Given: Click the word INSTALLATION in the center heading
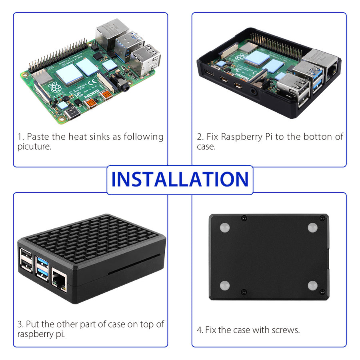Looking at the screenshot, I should pyautogui.click(x=180, y=180).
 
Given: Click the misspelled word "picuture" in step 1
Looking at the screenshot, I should pyautogui.click(x=34, y=147).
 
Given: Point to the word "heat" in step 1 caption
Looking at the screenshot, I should pyautogui.click(x=77, y=137).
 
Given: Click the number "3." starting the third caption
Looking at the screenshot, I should pyautogui.click(x=20, y=324).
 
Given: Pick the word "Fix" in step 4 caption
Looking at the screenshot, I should pyautogui.click(x=210, y=330).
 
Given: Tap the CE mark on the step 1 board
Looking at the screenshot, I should pyautogui.click(x=90, y=84).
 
